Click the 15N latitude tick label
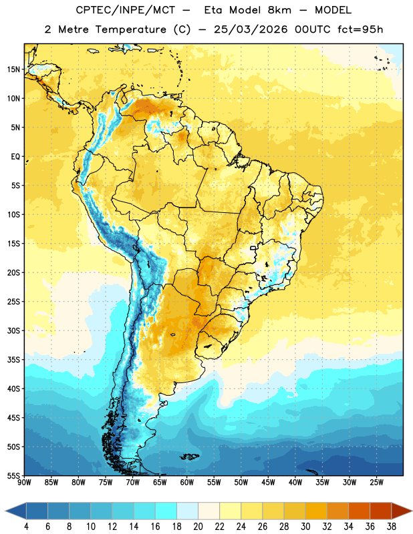tap(13, 69)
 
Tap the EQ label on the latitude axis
tap(15, 157)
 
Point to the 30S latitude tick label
tap(13, 330)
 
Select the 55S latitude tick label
tap(13, 476)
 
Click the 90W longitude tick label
tap(24, 483)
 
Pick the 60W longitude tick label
tap(187, 483)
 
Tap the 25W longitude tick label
tap(376, 483)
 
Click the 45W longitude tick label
tap(268, 483)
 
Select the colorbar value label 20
tap(198, 527)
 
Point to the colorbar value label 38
tap(392, 527)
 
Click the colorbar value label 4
tap(26, 527)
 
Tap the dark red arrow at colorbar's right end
tap(402, 511)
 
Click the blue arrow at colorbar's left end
tap(15, 511)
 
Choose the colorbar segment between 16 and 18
tap(166, 511)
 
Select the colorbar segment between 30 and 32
tap(316, 511)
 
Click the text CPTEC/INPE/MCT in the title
tap(126, 10)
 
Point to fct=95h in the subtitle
tap(360, 29)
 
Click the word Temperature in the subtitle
tap(130, 30)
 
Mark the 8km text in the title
tap(279, 10)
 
